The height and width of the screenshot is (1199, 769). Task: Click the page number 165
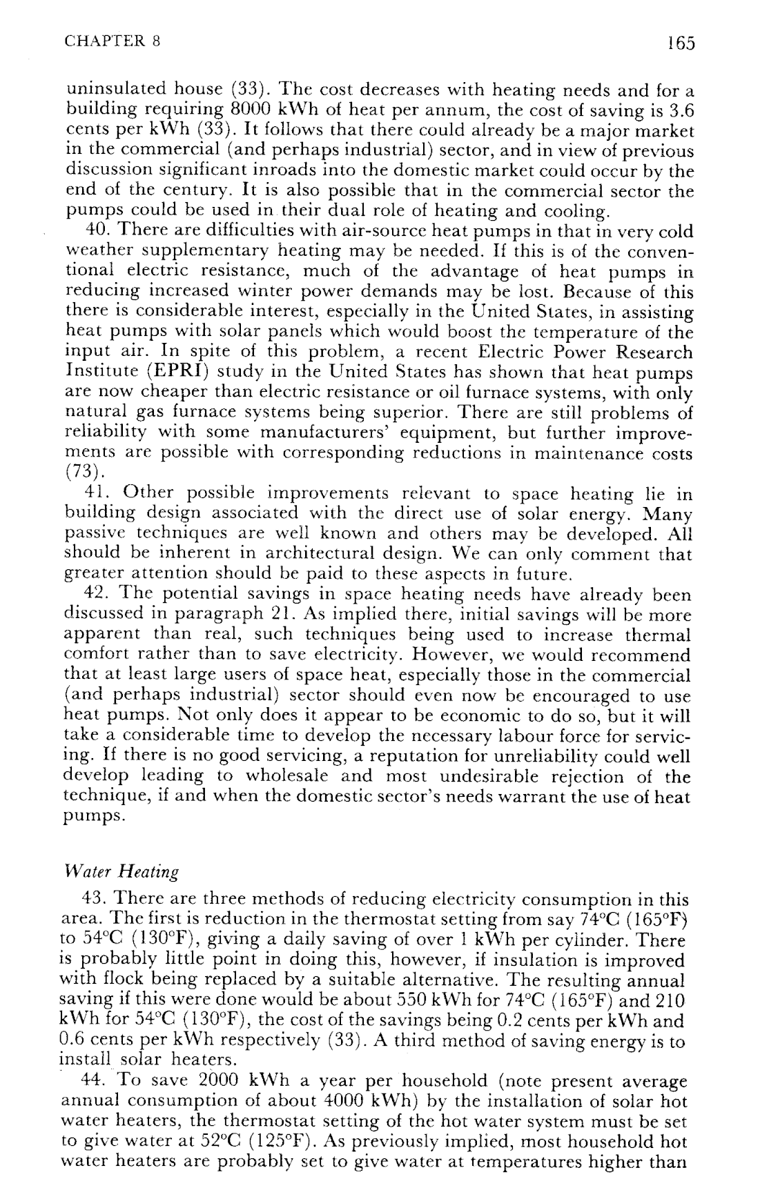(x=680, y=43)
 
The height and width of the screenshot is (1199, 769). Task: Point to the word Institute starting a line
(x=101, y=373)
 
